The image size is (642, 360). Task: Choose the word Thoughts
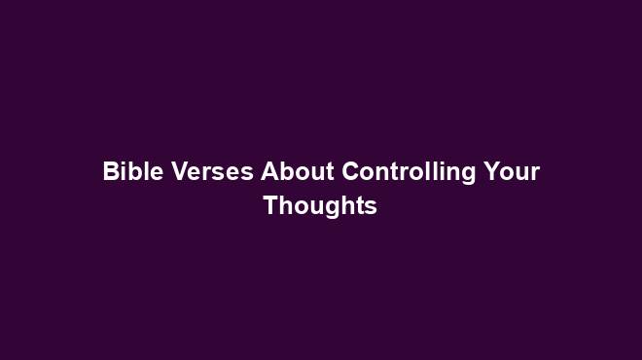coord(320,206)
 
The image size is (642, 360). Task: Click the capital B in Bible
coord(110,172)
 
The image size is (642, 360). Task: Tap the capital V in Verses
coord(178,172)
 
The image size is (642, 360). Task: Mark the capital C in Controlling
coord(350,172)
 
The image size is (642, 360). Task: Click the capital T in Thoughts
coord(270,206)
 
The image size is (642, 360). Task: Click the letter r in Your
coord(534,175)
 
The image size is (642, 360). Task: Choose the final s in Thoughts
coord(370,209)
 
